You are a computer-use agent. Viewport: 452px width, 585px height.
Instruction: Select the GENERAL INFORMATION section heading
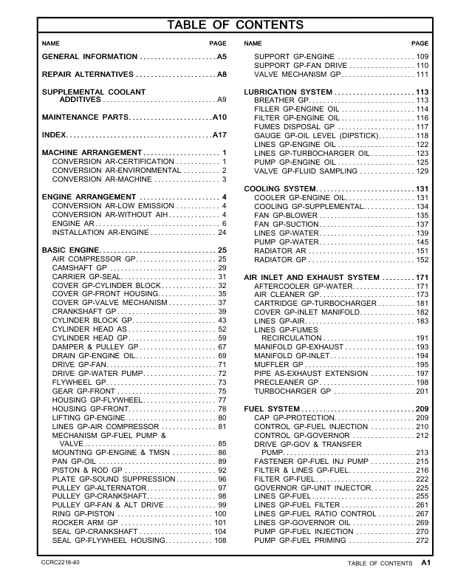[x=89, y=57]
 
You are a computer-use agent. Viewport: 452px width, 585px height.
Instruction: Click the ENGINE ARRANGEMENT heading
[x=92, y=196]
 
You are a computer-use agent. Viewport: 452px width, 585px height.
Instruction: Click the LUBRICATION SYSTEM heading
[x=288, y=92]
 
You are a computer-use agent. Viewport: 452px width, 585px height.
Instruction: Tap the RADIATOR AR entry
[x=280, y=251]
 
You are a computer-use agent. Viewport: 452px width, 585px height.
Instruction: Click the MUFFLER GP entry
[x=278, y=365]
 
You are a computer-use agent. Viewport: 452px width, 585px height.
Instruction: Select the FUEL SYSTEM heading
[x=270, y=409]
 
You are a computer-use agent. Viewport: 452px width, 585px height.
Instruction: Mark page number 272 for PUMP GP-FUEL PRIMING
[x=422, y=541]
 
